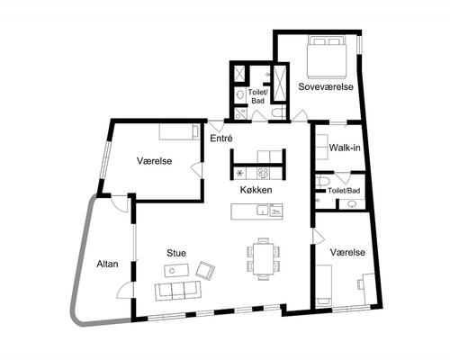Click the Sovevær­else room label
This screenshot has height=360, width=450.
point(326,87)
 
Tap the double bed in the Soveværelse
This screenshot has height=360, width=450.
point(327,56)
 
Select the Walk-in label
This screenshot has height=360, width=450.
point(345,148)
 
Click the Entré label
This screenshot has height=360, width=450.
point(221,139)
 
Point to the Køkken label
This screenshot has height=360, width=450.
point(256,190)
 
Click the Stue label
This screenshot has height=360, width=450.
point(176,253)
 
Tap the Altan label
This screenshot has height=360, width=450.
point(107,264)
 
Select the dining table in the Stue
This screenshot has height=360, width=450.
point(264,259)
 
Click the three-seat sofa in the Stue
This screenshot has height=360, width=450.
point(178,290)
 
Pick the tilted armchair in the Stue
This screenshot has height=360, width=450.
point(205,271)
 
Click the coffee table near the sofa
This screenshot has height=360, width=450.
point(176,271)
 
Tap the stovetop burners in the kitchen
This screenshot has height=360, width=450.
point(263,173)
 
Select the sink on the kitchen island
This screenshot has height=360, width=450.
point(262,210)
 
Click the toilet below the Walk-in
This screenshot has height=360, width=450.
point(323,182)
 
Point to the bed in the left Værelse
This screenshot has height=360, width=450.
point(179,131)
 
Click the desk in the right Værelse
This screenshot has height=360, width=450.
point(368,289)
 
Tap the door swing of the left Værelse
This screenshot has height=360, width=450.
point(195,171)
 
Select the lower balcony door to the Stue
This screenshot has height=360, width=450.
point(124,291)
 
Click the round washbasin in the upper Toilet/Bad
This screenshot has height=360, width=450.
point(240,94)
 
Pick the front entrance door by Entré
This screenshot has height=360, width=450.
point(216,126)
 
